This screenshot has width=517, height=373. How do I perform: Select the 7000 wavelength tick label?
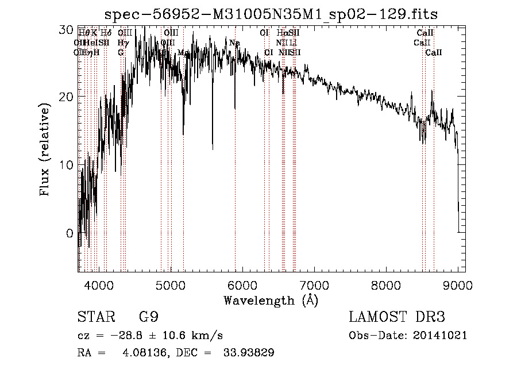[x=314, y=286]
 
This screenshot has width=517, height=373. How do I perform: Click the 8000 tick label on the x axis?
[x=385, y=286]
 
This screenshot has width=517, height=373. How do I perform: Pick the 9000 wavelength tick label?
[x=457, y=286]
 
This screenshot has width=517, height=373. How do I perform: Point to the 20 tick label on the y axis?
[x=67, y=96]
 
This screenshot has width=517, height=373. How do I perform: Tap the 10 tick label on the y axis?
[x=67, y=165]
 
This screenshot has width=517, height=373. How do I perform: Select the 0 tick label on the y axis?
[x=70, y=234]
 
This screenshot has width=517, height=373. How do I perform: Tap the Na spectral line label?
[x=234, y=43]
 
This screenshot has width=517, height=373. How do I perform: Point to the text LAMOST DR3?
[x=397, y=318]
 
